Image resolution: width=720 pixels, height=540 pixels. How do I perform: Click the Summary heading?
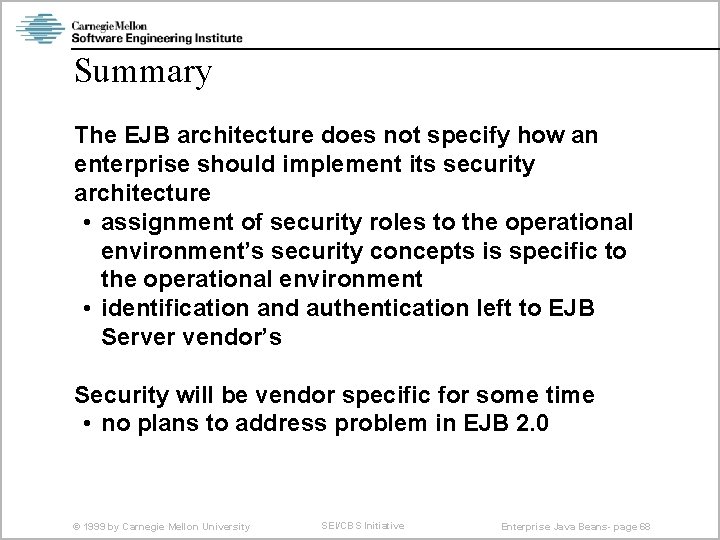143,72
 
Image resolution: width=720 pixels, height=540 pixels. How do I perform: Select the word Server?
136,337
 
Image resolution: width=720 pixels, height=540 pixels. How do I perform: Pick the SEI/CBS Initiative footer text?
363,525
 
